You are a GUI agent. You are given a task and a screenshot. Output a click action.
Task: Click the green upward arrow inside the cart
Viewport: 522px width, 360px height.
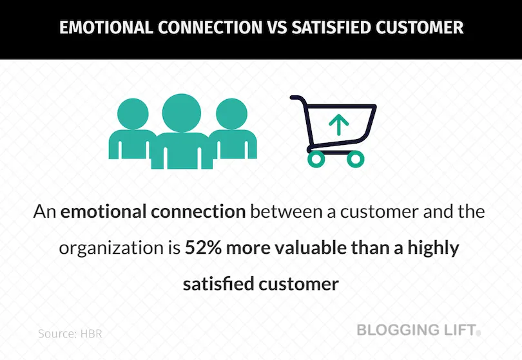pyautogui.click(x=335, y=124)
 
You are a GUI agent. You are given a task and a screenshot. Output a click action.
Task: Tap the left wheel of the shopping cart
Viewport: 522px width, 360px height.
pyautogui.click(x=316, y=158)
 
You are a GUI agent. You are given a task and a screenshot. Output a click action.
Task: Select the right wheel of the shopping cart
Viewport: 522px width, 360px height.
pyautogui.click(x=355, y=158)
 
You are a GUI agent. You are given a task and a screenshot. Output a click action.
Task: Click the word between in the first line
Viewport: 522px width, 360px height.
pyautogui.click(x=281, y=213)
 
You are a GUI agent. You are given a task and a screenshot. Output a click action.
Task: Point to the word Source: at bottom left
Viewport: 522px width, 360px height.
pyautogui.click(x=57, y=334)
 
